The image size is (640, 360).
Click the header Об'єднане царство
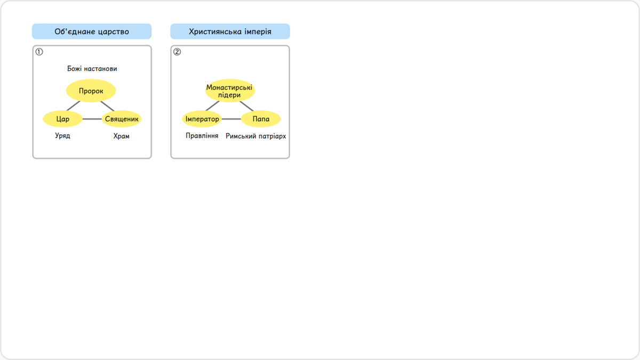(x=92, y=31)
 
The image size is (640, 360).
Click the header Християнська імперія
(x=230, y=31)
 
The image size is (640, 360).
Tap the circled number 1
(x=39, y=52)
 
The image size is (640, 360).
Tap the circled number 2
(x=177, y=52)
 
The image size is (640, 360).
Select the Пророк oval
(x=91, y=91)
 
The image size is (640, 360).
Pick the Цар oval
(x=62, y=118)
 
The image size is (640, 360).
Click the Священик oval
(x=122, y=118)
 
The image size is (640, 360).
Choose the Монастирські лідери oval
(x=230, y=91)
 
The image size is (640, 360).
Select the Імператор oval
(x=202, y=118)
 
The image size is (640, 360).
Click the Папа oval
(x=261, y=118)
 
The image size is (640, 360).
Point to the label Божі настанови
(x=92, y=69)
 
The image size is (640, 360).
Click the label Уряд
(x=62, y=135)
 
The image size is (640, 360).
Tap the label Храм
(x=122, y=136)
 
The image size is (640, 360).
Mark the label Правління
(x=202, y=135)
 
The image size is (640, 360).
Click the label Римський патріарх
(x=255, y=136)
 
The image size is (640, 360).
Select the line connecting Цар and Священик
(x=92, y=119)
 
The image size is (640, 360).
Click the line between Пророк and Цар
(x=74, y=106)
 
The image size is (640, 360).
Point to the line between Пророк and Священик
(x=107, y=106)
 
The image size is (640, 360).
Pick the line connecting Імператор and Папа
(x=231, y=119)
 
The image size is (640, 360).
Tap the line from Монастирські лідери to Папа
(x=246, y=106)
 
